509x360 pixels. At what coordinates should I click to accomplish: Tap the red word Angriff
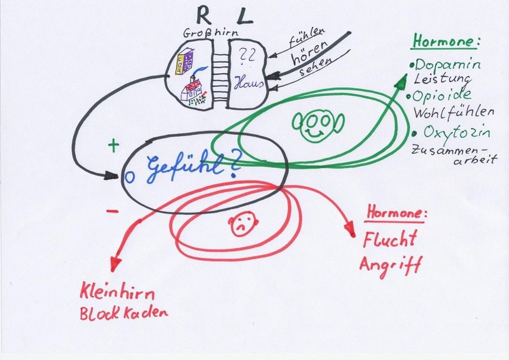pos(389,263)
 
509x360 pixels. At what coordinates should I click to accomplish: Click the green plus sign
pos(114,146)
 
